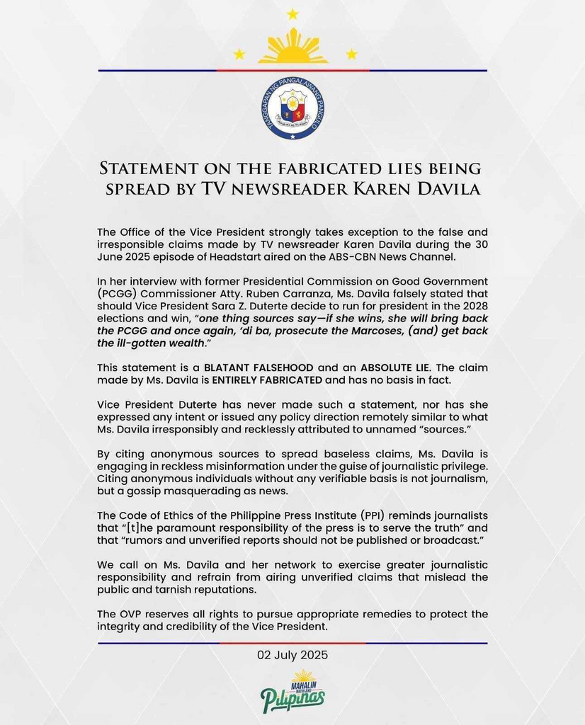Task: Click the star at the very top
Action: point(292,14)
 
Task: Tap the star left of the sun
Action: point(239,54)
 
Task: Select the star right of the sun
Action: point(351,54)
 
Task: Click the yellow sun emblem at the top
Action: point(292,47)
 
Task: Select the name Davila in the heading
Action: point(443,189)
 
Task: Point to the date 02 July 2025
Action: point(292,656)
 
